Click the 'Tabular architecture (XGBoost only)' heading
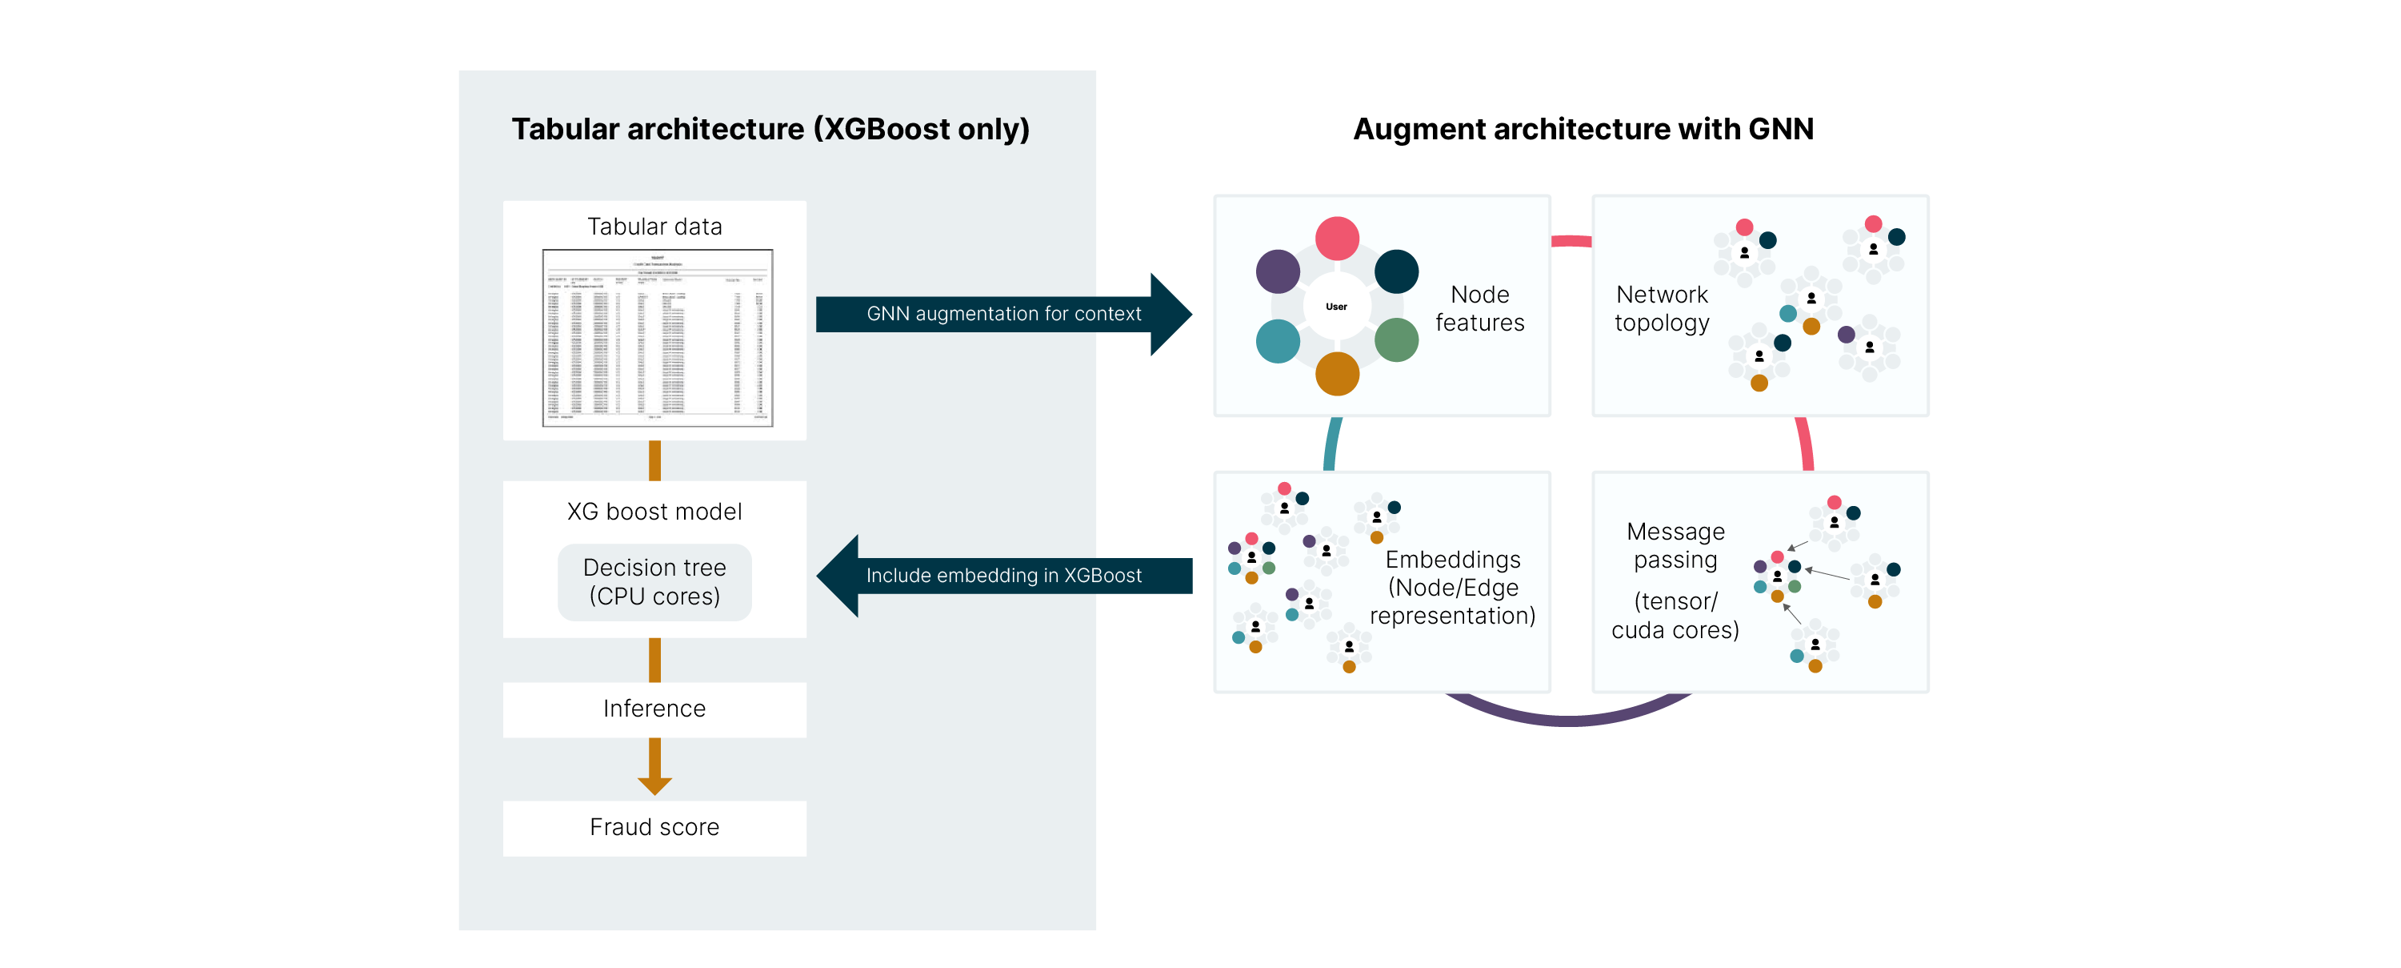point(770,129)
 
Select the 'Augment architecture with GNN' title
point(1583,129)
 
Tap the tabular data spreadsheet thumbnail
point(657,338)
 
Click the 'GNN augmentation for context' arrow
point(1003,315)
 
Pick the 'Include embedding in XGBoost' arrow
point(1003,576)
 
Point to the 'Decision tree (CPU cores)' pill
point(654,582)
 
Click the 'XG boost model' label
point(654,512)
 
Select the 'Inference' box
point(654,709)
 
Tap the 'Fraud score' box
point(654,827)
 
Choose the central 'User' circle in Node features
point(1337,307)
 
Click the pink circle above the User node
point(1337,239)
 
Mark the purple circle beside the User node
point(1278,271)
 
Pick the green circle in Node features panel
point(1395,340)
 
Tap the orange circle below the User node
point(1337,374)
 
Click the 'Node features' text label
point(1479,309)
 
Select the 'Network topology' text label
point(1662,309)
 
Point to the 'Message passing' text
point(1675,545)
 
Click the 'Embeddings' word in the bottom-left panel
point(1452,560)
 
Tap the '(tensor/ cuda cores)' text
point(1675,617)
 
